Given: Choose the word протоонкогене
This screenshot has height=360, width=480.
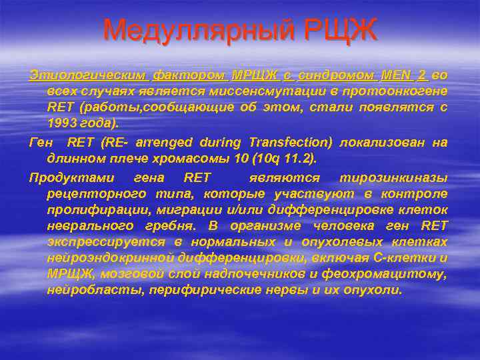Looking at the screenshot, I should point(396,91).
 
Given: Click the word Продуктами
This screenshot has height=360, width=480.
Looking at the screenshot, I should point(73,177).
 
